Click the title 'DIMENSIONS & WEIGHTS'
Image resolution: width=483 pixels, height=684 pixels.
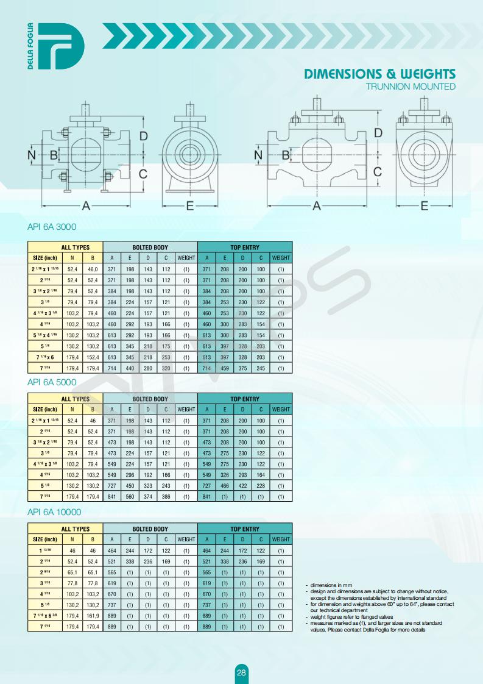point(379,74)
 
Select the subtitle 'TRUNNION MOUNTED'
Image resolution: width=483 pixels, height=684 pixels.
point(411,87)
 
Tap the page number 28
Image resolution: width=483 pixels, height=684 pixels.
point(241,672)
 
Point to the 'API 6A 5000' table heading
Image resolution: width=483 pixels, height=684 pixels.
point(51,382)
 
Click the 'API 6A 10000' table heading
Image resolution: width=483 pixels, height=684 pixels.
point(54,511)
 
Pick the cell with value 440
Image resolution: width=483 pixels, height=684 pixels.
point(130,368)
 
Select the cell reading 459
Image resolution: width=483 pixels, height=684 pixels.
point(225,368)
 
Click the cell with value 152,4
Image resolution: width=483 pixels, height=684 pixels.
point(93,357)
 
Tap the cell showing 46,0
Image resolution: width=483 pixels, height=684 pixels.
point(93,269)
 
